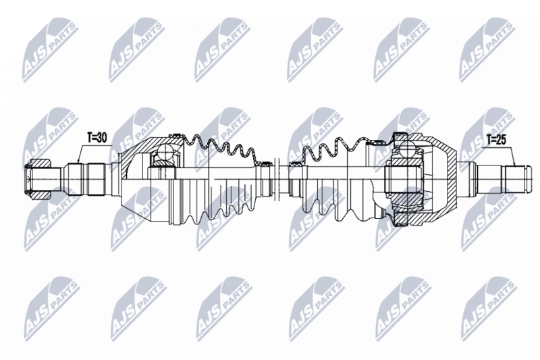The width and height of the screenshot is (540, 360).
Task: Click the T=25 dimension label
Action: [497, 140]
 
